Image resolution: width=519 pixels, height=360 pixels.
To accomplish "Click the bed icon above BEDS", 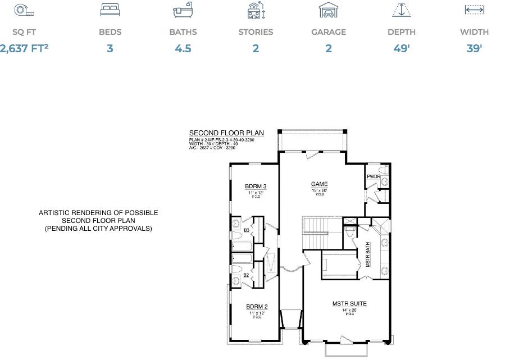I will click(110, 10).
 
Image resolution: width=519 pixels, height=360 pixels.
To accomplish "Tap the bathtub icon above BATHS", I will click(183, 10).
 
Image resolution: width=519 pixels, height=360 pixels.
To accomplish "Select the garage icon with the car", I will click(329, 10).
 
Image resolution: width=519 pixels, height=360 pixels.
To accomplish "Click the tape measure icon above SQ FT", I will click(20, 10).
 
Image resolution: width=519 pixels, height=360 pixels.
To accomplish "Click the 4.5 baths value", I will click(183, 48).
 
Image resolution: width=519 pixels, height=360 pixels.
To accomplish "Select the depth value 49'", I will click(402, 48).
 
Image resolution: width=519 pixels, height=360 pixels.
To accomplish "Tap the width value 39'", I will click(474, 48).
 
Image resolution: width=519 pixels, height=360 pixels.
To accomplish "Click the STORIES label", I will click(256, 32).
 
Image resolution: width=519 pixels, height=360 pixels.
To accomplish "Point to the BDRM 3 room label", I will click(256, 186).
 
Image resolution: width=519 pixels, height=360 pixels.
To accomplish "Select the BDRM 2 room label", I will click(257, 307).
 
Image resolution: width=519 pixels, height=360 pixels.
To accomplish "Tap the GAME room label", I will click(320, 184).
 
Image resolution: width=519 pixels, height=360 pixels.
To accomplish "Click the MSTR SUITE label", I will click(349, 304).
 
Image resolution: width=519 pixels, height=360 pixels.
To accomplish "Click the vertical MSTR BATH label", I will click(368, 254).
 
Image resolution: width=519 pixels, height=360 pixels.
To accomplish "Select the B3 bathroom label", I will click(246, 230).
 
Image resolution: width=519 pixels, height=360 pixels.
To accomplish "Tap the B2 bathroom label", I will click(246, 275).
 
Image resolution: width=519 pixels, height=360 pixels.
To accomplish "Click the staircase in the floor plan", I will click(321, 231).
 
